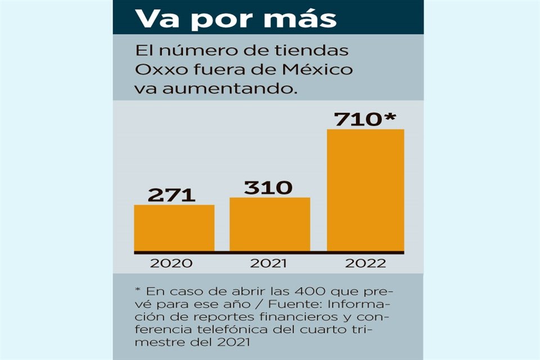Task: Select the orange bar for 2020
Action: point(174,228)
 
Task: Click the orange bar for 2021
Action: point(269,224)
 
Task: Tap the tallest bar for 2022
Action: point(365,190)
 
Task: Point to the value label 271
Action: point(172,195)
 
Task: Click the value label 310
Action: point(268,188)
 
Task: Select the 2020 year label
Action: point(172,263)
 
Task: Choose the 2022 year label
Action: point(366,263)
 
